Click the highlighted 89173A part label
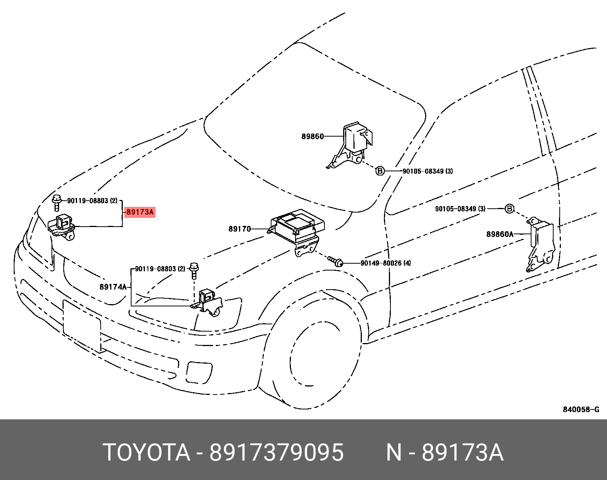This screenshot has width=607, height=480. point(140,212)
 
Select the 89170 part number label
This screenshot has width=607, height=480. point(240,229)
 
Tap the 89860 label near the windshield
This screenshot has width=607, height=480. point(312,136)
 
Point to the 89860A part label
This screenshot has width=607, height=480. point(500,234)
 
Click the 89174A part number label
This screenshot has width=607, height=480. point(113,287)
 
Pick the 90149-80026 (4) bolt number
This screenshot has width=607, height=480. point(385,263)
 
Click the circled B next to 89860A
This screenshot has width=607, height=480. point(509,209)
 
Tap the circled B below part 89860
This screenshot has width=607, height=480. point(380,171)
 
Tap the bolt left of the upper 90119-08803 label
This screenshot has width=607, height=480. point(57,202)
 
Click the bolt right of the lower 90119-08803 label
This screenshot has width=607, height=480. point(194,271)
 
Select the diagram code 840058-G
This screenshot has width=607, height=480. point(581,410)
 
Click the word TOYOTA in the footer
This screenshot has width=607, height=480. point(146,453)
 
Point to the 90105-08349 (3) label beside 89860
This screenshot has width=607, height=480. point(427,171)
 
